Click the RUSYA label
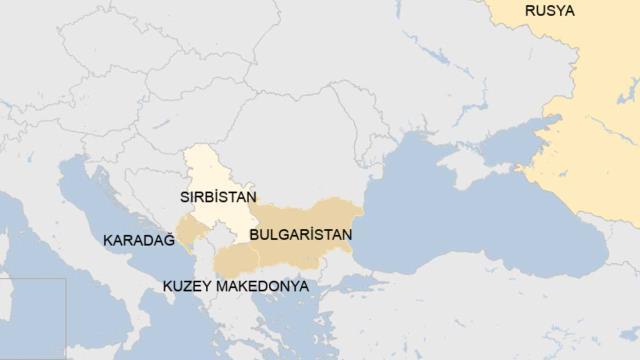549,11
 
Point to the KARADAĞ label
138,240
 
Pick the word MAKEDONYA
260,286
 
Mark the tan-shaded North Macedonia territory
232,262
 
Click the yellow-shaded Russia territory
590,120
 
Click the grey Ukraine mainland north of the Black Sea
400,90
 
